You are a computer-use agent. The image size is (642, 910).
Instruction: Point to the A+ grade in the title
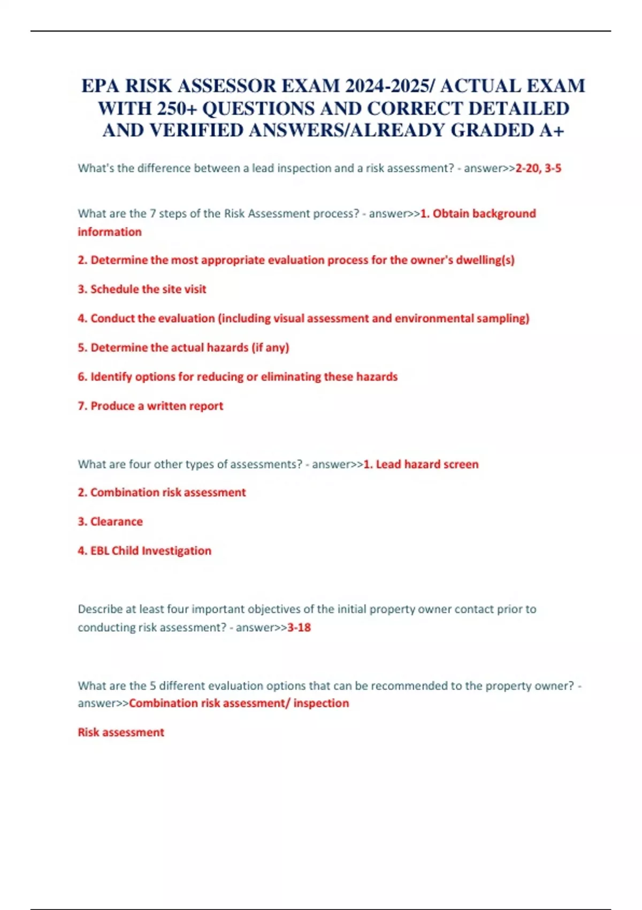point(552,131)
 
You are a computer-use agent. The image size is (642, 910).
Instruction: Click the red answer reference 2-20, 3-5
point(538,168)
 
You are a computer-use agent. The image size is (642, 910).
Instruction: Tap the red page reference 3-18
point(299,627)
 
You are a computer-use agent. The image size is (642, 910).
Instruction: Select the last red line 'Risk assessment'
point(121,732)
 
